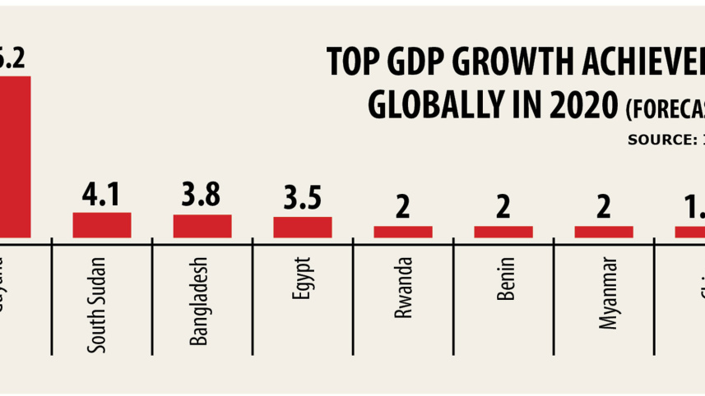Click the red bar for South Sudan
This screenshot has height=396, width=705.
102,225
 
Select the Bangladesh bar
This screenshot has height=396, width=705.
202,226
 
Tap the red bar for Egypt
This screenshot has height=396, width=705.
303,227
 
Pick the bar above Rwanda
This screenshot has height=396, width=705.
403,232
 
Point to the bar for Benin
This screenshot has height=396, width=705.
503,232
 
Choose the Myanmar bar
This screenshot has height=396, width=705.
604,232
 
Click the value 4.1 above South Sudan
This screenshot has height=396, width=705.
102,196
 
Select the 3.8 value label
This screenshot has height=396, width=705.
202,197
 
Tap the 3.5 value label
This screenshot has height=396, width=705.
303,200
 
